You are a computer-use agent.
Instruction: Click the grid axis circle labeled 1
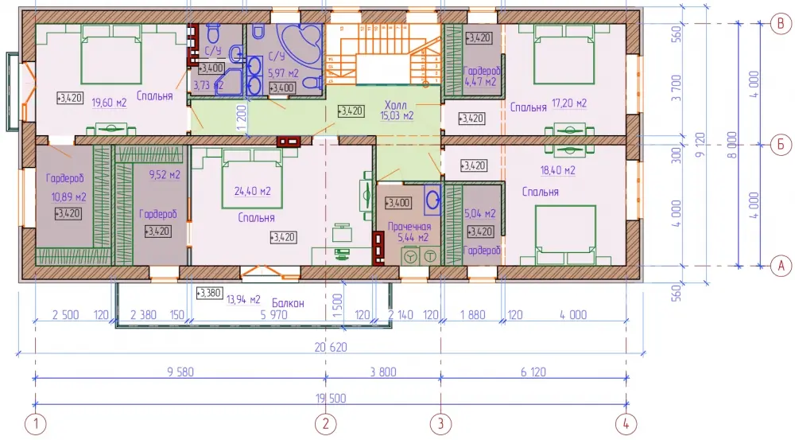(36, 424)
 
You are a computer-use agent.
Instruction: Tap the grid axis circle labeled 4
(626, 424)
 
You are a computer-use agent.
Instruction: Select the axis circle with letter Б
(781, 145)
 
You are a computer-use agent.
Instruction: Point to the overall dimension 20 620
(331, 348)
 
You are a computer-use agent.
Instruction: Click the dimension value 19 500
(331, 399)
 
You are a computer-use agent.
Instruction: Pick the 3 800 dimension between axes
(383, 372)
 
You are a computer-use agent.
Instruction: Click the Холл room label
(395, 105)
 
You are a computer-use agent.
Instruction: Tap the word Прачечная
(409, 227)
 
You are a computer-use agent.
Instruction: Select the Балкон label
(288, 303)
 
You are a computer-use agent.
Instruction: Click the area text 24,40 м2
(252, 191)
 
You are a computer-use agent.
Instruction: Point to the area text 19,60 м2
(109, 103)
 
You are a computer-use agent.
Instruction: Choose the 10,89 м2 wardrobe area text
(68, 197)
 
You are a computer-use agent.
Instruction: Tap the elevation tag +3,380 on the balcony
(209, 294)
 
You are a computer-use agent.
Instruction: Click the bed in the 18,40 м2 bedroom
(565, 235)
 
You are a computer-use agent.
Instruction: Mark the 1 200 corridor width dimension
(242, 118)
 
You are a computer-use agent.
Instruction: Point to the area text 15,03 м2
(397, 115)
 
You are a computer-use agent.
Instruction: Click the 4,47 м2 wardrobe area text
(480, 82)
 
